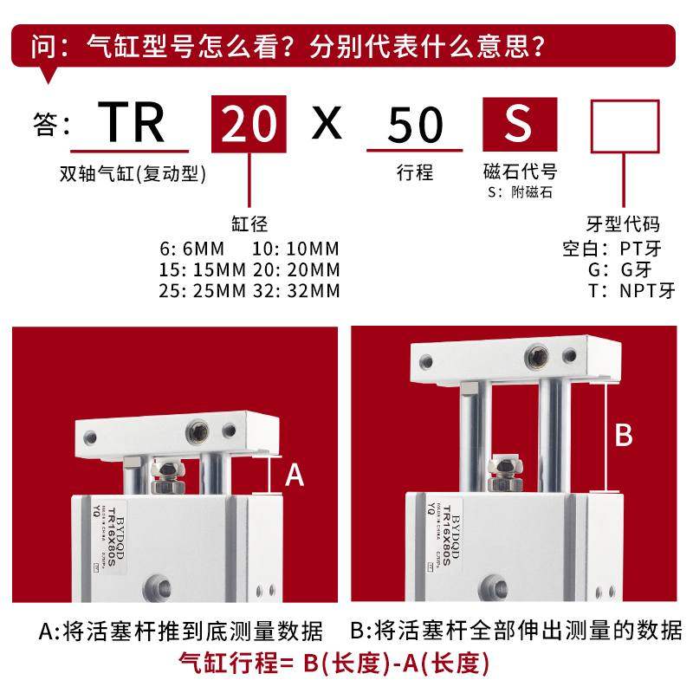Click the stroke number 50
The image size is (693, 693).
pos(415,124)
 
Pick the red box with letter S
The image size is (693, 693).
pos(518,124)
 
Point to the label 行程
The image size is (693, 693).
pos(415,172)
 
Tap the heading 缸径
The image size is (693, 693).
pos(250,223)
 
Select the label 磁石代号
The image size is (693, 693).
pos(519,172)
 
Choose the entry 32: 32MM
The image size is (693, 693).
pos(296,290)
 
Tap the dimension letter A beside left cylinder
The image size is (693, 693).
pos(295,475)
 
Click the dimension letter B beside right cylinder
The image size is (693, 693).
pos(623,436)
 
